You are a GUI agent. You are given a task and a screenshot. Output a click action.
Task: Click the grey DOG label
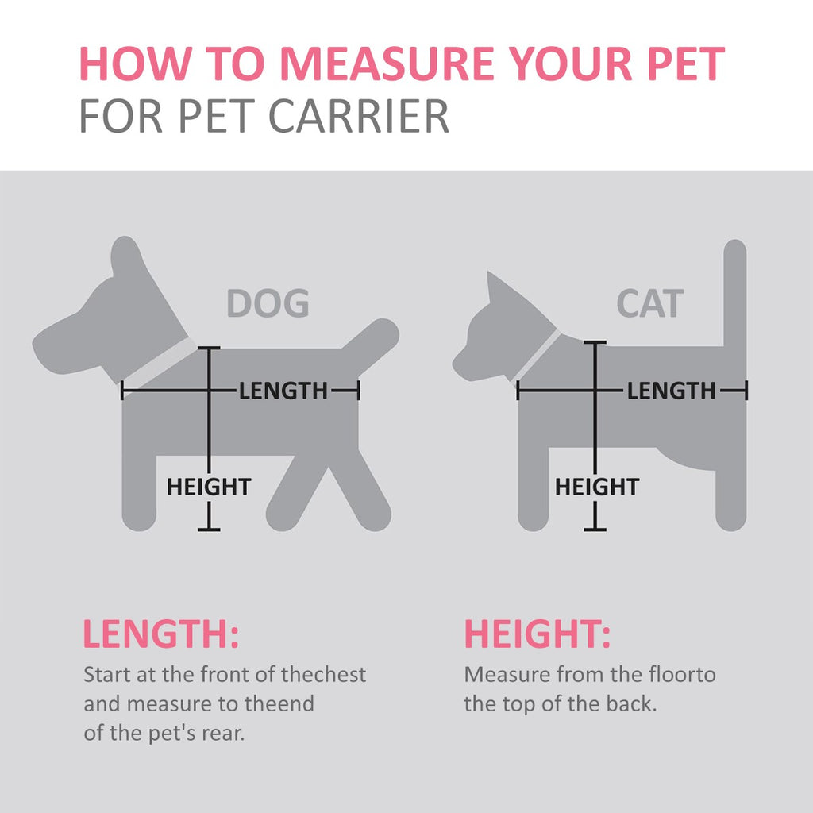(x=268, y=303)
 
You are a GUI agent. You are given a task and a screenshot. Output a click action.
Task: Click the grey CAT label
(x=650, y=303)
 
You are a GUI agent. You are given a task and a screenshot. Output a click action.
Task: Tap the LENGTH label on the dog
(x=283, y=391)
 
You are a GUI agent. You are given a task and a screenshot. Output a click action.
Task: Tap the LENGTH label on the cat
(x=672, y=391)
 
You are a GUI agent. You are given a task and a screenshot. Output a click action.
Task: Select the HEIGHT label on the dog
(x=209, y=487)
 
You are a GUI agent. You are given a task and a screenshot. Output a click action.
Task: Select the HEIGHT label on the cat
(x=597, y=487)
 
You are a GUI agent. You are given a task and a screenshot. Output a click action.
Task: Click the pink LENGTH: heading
(x=160, y=634)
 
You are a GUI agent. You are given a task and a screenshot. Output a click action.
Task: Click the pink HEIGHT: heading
(x=538, y=634)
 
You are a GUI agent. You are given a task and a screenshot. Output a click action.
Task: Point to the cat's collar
(x=538, y=356)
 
